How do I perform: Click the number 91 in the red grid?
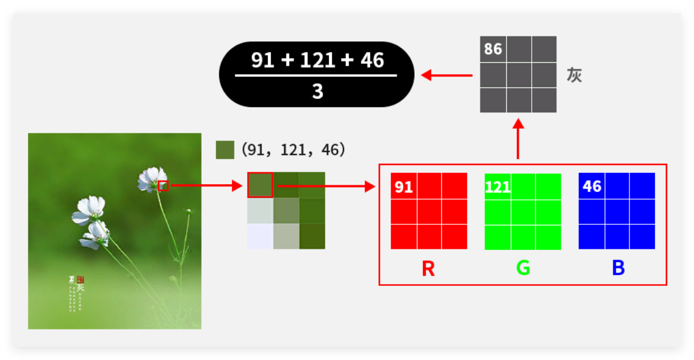coord(404,187)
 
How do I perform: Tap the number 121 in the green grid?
coord(497,187)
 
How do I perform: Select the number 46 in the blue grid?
coord(592,187)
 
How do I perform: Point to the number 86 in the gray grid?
coord(493,49)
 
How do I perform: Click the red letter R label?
coord(428,269)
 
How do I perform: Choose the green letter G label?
coord(523,269)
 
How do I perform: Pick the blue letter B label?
coord(618,269)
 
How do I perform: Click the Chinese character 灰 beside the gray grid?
coord(574,75)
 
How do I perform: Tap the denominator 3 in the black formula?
coord(317,91)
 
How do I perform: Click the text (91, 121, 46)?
coord(293,150)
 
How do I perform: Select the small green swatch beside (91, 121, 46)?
coord(225,150)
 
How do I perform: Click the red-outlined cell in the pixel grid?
coord(260,185)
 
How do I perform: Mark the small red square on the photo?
coord(163,186)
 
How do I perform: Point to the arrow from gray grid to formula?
coord(446,75)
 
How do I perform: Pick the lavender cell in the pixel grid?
coord(260,236)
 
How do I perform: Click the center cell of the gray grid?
coord(519,75)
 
